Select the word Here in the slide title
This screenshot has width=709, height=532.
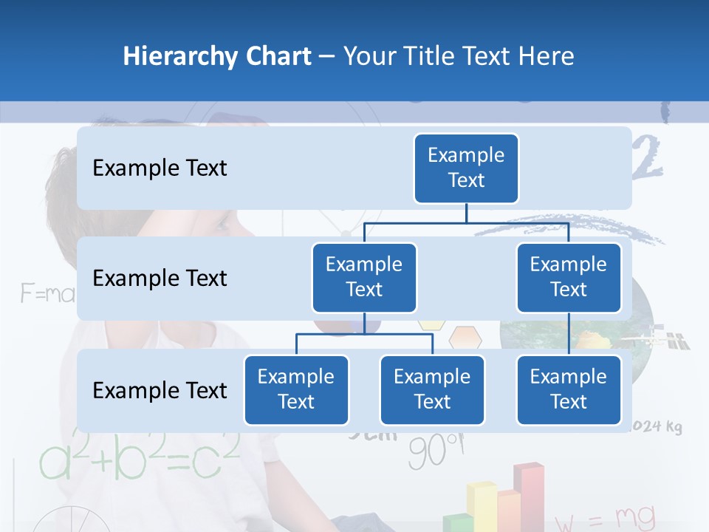[546, 56]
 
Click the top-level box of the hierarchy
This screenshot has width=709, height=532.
[466, 168]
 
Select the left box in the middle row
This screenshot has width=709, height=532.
[364, 277]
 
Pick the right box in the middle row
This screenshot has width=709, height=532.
[569, 277]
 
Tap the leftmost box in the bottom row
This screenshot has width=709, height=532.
[296, 389]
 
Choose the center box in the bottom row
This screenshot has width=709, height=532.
[432, 389]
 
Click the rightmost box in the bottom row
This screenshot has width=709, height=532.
[569, 389]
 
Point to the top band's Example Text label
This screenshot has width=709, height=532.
[160, 168]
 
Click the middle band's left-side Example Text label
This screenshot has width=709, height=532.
[160, 279]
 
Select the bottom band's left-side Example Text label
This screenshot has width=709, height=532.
[160, 390]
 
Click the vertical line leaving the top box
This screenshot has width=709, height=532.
[466, 213]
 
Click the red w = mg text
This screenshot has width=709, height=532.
[605, 518]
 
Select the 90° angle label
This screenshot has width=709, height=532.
[436, 451]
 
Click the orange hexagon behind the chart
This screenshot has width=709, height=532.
[465, 338]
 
